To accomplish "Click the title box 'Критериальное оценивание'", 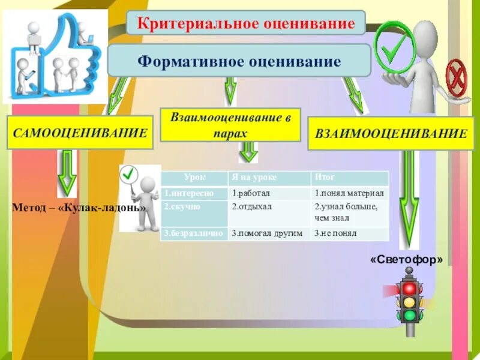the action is (x=245, y=23).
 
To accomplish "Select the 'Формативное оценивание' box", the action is (x=239, y=61).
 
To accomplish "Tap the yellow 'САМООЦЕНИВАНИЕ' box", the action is (x=80, y=133).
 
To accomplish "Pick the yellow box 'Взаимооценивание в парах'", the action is (x=231, y=125).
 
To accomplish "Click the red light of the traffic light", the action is (x=410, y=289).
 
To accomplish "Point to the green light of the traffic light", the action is (x=410, y=315).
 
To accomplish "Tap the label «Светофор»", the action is (x=407, y=260).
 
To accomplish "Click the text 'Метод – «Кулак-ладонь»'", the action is (x=79, y=208).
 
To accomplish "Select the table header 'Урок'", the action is (x=194, y=178).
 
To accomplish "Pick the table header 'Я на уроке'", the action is (x=269, y=178).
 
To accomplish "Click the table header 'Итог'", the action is (x=350, y=178).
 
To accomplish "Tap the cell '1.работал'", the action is (x=269, y=193).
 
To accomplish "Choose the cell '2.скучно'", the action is (x=194, y=206).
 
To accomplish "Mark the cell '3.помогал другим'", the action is (x=269, y=233).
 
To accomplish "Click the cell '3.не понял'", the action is (x=350, y=233).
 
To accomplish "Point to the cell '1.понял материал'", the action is (x=350, y=193).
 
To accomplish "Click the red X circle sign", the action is (x=458, y=77).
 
